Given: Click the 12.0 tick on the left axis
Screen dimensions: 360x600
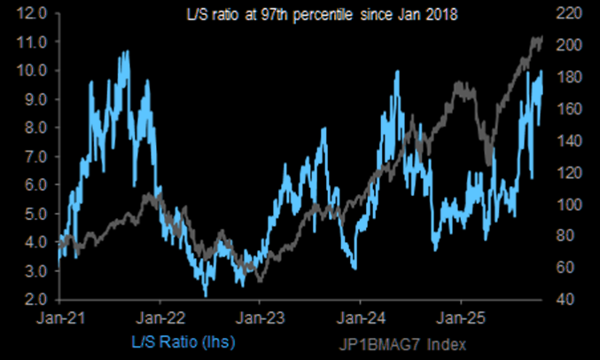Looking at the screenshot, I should [30, 13].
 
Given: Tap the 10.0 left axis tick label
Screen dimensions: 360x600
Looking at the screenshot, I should [30, 71].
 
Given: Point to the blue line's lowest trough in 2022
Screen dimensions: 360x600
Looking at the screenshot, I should [206, 295].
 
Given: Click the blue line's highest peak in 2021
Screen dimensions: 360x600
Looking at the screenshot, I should [127, 51].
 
